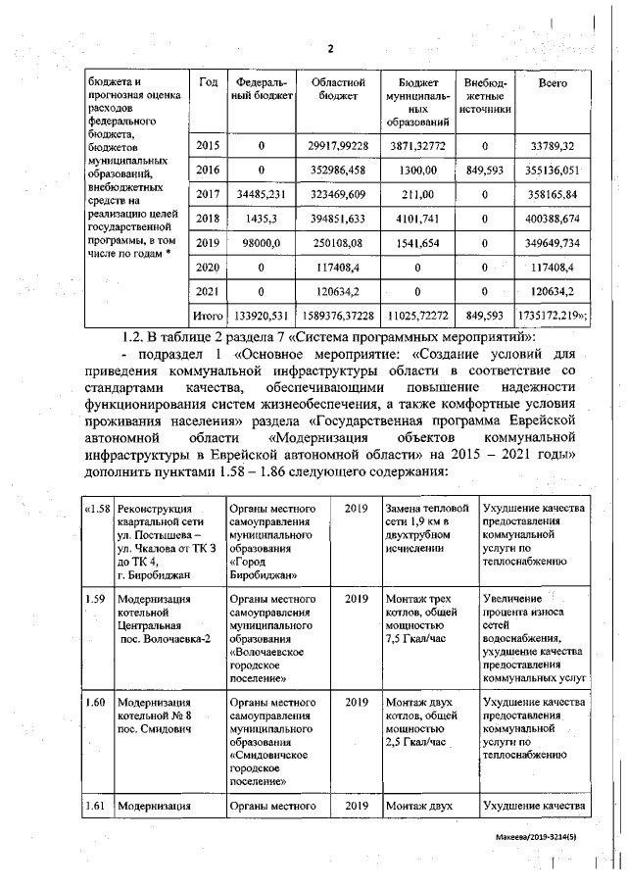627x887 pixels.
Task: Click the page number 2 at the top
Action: click(x=330, y=49)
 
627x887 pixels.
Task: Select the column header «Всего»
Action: click(x=553, y=84)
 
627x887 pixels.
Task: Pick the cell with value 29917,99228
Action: click(x=337, y=146)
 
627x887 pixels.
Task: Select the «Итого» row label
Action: click(x=208, y=317)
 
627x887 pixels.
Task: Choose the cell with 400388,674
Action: click(x=555, y=219)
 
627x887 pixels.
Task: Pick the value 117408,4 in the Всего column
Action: click(x=555, y=267)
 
